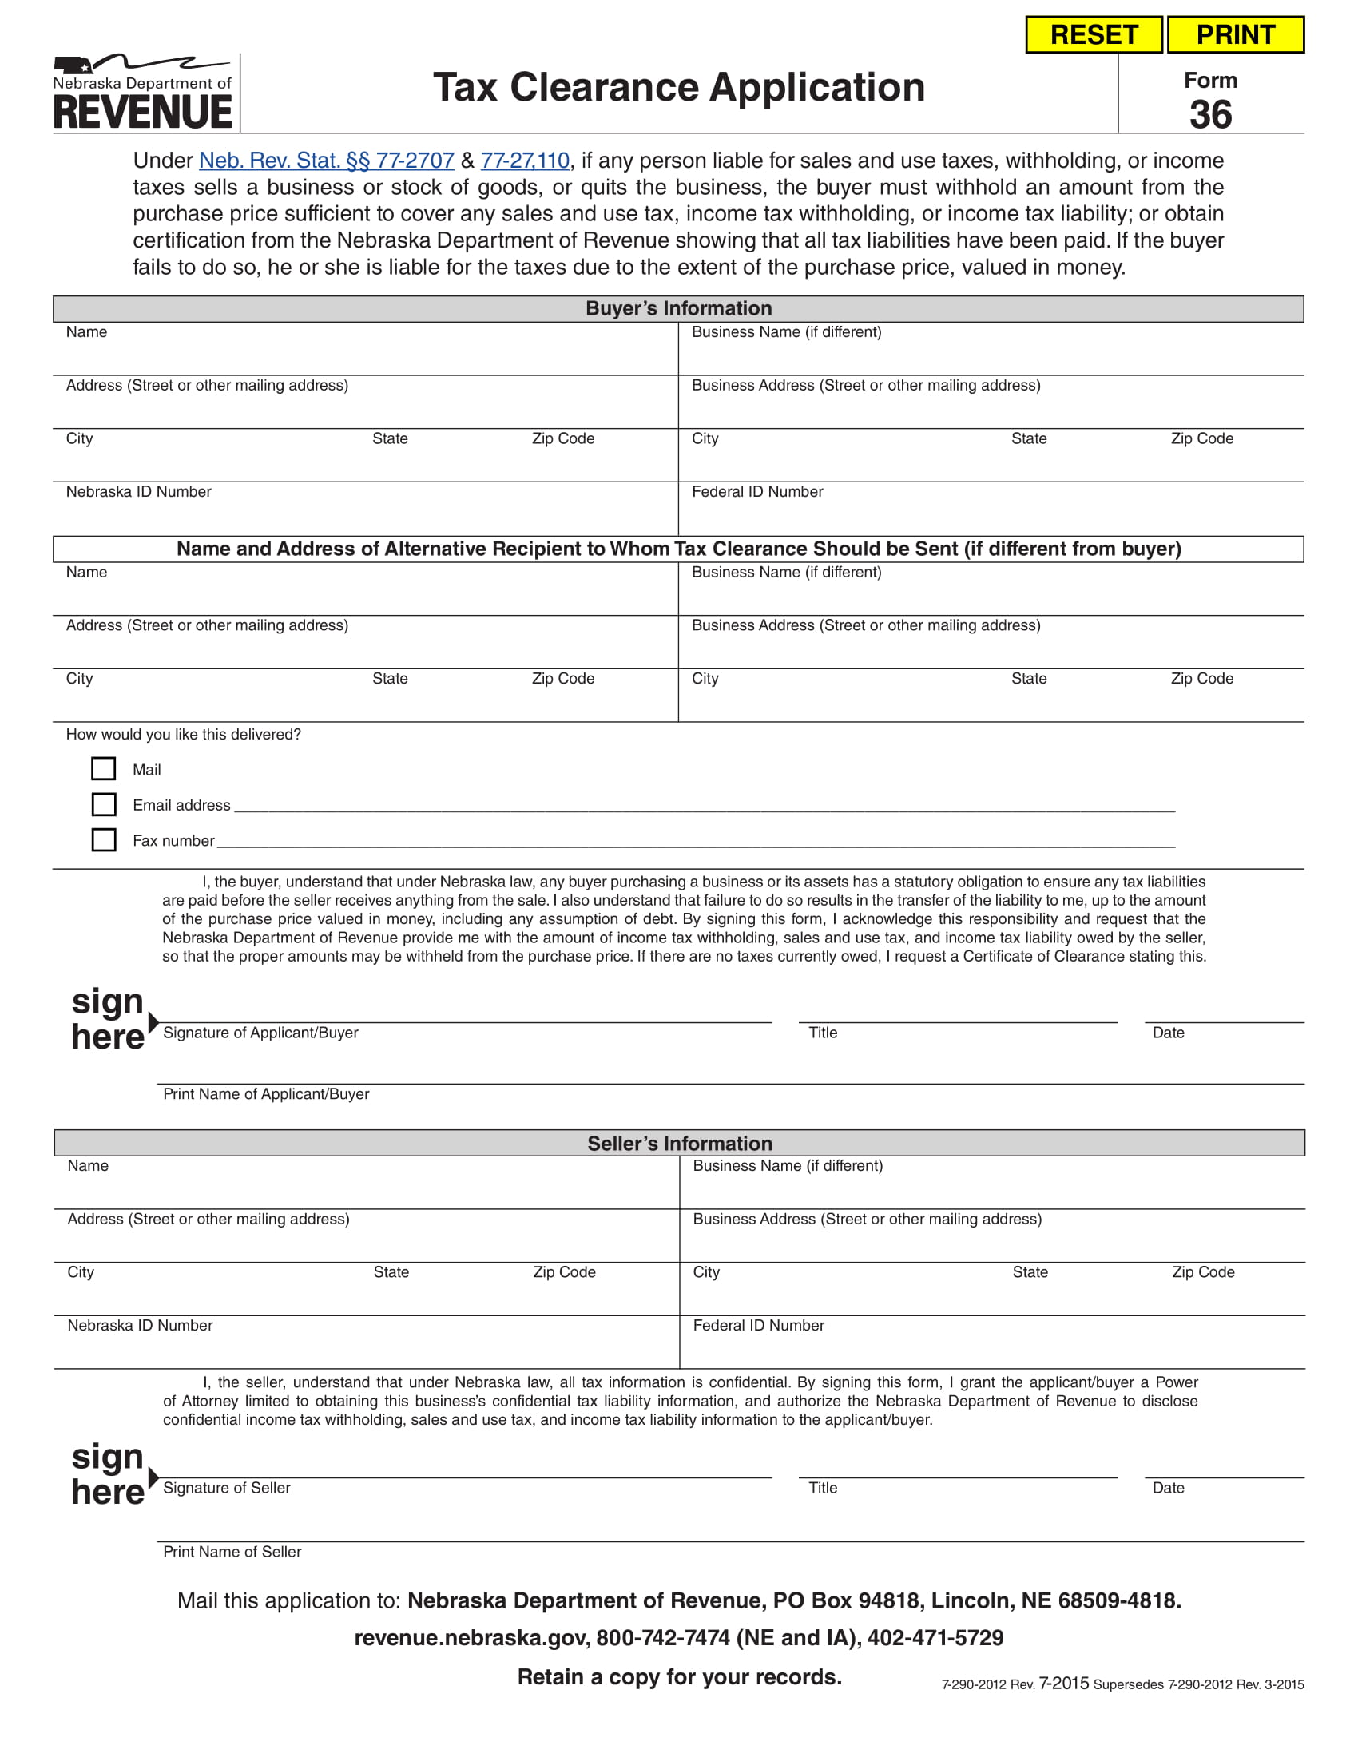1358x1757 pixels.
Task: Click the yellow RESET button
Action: click(1094, 35)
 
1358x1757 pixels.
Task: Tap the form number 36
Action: click(1210, 115)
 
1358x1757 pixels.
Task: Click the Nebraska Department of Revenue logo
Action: click(142, 93)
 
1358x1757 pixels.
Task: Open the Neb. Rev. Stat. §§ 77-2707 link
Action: click(327, 161)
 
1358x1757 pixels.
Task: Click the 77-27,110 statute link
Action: click(525, 161)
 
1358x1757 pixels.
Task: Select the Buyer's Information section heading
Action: click(678, 309)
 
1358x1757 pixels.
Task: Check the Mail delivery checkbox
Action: click(104, 769)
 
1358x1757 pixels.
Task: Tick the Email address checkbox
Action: click(104, 804)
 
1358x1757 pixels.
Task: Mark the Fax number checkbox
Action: click(104, 840)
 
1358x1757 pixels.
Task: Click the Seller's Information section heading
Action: click(679, 1143)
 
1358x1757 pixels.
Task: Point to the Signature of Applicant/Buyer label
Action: click(260, 1033)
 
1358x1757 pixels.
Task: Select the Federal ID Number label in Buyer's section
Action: click(757, 491)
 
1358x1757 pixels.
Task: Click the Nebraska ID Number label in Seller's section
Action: click(140, 1325)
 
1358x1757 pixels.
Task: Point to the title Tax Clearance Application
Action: click(679, 87)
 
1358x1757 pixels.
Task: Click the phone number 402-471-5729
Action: click(935, 1638)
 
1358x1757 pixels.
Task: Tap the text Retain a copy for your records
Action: click(679, 1676)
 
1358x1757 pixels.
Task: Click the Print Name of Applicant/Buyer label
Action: click(266, 1094)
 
